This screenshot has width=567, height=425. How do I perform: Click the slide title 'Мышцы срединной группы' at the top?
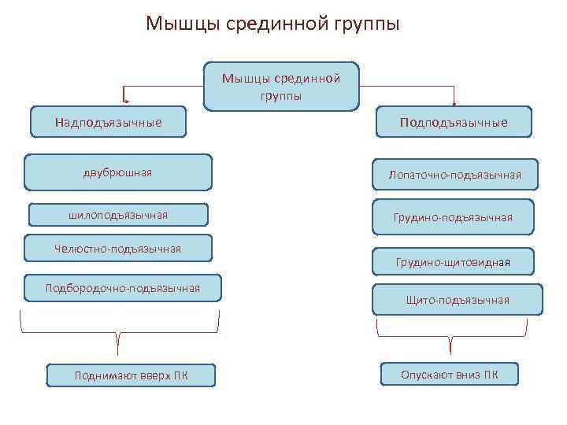pos(272,24)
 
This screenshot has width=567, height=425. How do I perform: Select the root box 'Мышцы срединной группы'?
pos(281,87)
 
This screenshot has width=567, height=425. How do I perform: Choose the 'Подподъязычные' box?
pos(453,123)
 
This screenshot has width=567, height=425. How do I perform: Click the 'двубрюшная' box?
pos(117,172)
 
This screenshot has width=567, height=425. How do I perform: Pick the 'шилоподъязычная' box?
pos(118,215)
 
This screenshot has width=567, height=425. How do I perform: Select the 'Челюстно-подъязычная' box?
pos(118,249)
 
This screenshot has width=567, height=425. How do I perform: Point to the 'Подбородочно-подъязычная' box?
pos(123,288)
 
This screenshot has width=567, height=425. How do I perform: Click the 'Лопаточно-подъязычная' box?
pos(454,174)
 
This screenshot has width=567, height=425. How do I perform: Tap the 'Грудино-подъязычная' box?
pos(453,216)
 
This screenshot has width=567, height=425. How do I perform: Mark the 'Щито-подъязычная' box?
pos(458,300)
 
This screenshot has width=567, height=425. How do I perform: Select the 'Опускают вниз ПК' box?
pos(449,375)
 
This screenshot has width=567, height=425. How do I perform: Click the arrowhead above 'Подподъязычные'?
pos(454,102)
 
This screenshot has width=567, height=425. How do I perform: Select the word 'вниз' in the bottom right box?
pos(468,375)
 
